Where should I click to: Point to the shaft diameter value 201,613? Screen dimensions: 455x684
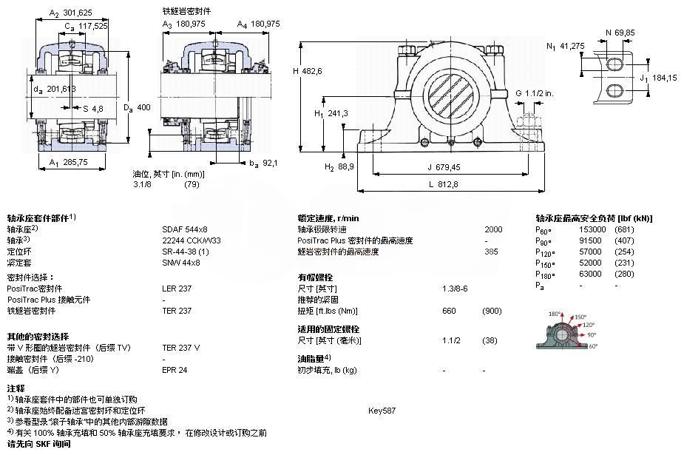point(61,90)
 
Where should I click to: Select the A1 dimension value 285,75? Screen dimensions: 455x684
point(76,161)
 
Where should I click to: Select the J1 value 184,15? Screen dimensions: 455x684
point(664,77)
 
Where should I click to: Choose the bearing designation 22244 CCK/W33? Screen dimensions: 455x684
point(192,240)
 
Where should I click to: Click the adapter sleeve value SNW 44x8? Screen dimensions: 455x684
point(181,263)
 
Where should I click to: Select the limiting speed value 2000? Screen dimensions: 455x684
point(492,229)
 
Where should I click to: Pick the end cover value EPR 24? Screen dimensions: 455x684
point(175,369)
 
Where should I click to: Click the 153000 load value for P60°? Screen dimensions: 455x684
point(592,229)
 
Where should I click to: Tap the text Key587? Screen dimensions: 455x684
point(382,410)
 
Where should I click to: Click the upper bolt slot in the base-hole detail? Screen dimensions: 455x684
point(615,64)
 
